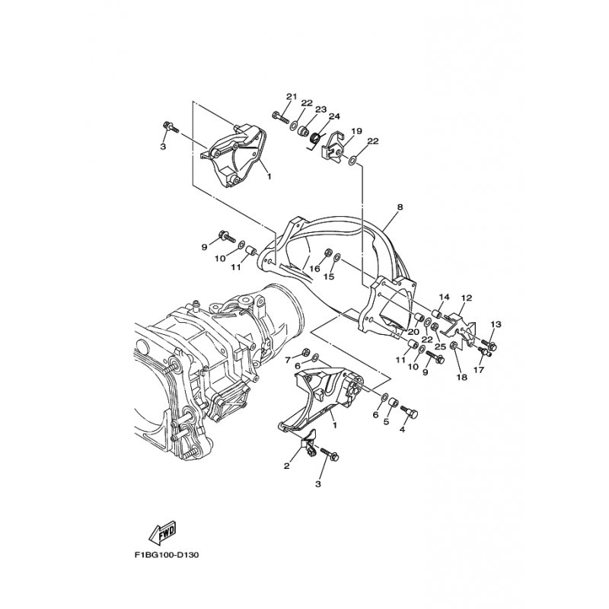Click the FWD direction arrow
[163, 531]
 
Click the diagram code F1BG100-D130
[167, 555]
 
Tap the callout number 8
[400, 207]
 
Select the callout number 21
[292, 97]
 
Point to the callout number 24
[334, 116]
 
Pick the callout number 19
[356, 131]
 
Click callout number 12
[467, 298]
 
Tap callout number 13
[496, 324]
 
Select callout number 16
[314, 269]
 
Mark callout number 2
[287, 466]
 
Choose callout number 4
[402, 429]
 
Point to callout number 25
[440, 346]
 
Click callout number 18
[462, 377]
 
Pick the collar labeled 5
[393, 401]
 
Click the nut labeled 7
[306, 352]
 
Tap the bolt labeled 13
[489, 344]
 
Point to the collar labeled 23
[302, 130]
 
